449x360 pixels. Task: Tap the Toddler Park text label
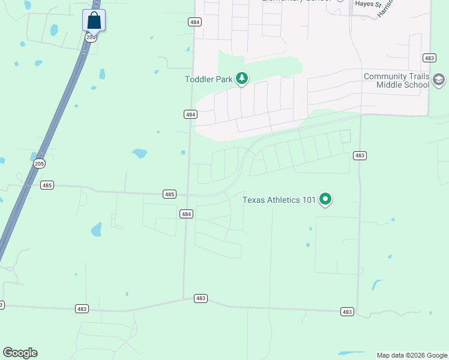[208, 79]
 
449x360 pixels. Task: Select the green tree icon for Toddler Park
[242, 78]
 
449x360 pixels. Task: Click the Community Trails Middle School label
[397, 80]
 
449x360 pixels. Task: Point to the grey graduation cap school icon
[439, 80]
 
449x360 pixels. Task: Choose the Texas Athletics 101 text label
[279, 200]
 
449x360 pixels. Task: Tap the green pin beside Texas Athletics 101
[325, 199]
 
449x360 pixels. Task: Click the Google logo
[20, 353]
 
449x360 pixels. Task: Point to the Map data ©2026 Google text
[412, 355]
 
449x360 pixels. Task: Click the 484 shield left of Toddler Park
[190, 114]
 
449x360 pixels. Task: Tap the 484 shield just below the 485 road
[186, 214]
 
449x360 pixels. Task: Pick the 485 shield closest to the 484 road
[169, 194]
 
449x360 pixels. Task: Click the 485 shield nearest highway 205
[47, 185]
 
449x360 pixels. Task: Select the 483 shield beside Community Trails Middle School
[429, 58]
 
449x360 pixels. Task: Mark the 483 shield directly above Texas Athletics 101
[360, 155]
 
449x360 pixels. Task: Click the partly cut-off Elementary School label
[297, 1]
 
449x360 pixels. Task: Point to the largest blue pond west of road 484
[140, 153]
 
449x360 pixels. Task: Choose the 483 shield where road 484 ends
[200, 298]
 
